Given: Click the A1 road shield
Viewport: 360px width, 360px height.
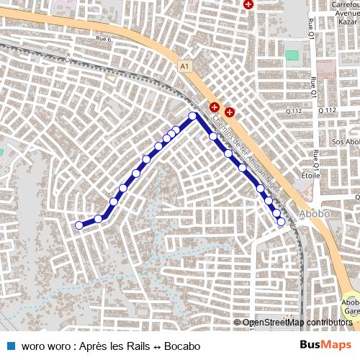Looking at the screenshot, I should (x=186, y=66).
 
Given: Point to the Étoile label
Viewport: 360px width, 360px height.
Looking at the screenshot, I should (x=312, y=174).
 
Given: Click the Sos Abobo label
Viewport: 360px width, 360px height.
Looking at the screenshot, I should (x=345, y=142).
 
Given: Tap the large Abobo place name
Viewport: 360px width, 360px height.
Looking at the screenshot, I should (x=313, y=214).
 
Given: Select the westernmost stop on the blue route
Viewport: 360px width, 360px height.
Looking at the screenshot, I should (x=79, y=225).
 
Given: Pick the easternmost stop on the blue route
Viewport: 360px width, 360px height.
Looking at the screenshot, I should (x=281, y=222).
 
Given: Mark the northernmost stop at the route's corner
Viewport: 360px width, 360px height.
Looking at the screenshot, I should (x=192, y=115).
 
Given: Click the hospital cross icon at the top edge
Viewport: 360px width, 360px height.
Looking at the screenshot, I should (x=248, y=4).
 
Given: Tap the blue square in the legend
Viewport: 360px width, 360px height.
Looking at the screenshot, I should (x=11, y=346).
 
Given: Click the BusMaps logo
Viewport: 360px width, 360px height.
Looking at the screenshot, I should (x=325, y=345).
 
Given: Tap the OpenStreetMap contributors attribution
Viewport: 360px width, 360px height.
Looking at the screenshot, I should (x=297, y=323).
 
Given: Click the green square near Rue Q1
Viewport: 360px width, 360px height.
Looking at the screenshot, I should (x=292, y=55).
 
